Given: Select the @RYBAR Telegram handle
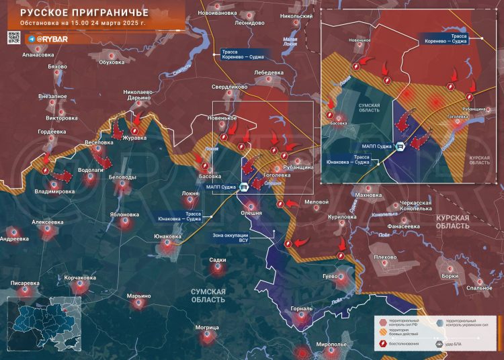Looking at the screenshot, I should (x=50, y=40).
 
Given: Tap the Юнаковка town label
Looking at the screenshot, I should (x=167, y=236).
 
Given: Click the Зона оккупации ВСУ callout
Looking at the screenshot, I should (x=230, y=238).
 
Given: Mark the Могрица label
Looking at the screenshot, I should (x=208, y=328).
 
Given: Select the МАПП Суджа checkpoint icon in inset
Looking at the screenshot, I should (x=400, y=147).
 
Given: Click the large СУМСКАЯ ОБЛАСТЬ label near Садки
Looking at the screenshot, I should (x=208, y=295).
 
